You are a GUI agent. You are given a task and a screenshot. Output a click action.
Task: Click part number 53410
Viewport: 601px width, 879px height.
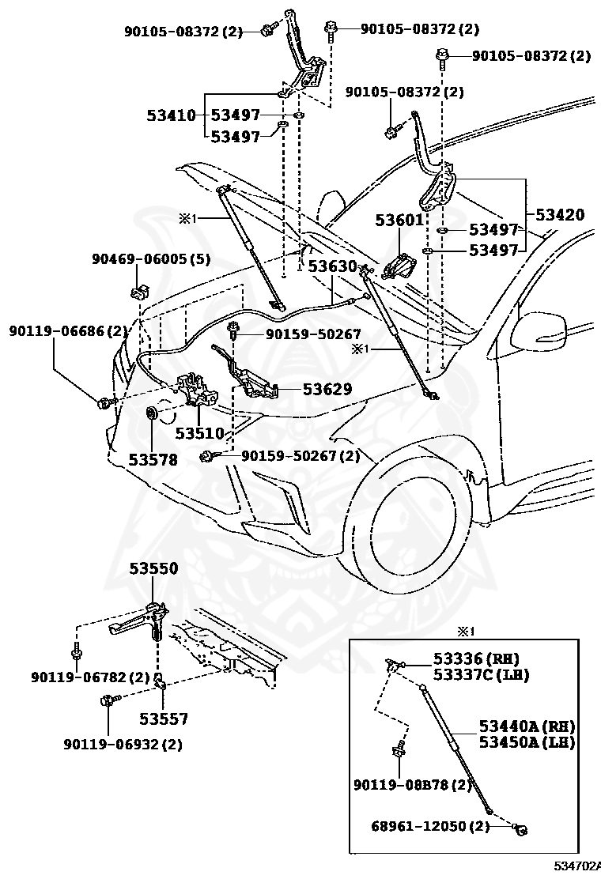coord(171,115)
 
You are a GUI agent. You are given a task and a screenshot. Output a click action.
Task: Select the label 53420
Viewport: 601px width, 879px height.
coord(560,214)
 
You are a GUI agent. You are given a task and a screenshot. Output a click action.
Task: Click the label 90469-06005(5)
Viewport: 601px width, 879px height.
coord(151,258)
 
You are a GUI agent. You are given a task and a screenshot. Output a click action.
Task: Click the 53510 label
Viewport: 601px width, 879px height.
coord(200,433)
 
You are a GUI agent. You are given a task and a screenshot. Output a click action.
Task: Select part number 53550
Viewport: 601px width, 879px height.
coord(153,568)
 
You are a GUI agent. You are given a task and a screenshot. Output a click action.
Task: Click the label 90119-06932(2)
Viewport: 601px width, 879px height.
coord(123,744)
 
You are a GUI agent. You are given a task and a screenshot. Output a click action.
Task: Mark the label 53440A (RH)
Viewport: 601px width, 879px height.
coord(527,726)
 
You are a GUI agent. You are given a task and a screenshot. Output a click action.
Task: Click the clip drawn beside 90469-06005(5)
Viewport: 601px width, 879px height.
coord(138,289)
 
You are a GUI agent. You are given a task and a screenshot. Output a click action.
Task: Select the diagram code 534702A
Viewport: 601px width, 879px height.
coord(577,868)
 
